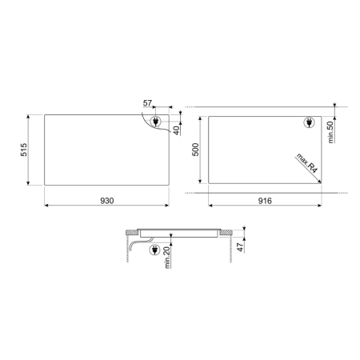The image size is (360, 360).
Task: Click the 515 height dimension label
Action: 24,150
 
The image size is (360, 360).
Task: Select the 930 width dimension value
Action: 107,201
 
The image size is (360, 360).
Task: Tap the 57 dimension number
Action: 147,103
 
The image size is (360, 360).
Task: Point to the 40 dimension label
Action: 176,130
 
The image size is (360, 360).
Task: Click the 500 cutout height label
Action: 195,150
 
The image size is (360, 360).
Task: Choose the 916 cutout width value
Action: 265,201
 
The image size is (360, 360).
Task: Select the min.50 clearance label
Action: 330,132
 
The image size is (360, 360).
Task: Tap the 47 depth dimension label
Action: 241,247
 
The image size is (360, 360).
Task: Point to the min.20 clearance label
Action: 167,258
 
